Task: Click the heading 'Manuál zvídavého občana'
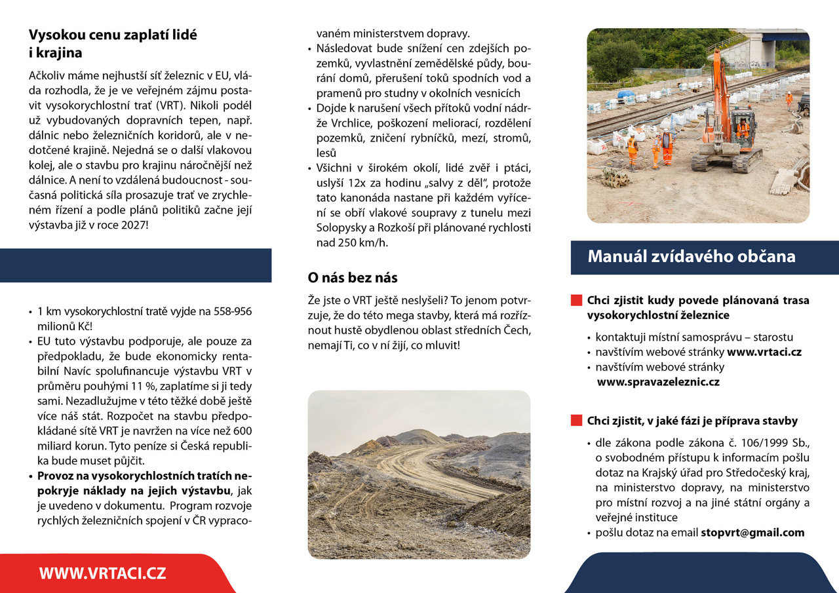692,257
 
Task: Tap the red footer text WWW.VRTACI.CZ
102,573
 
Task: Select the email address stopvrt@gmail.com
752,533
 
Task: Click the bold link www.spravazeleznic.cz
657,381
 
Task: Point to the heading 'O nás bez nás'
353,278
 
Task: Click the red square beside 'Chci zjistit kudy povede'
576,301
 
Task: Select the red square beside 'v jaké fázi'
576,421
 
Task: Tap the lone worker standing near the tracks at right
789,100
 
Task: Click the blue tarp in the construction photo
626,95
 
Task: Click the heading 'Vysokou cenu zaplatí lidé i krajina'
113,44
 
